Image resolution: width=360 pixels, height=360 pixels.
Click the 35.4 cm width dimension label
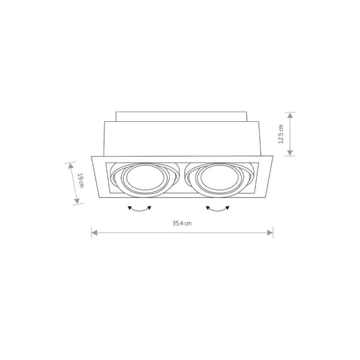182,223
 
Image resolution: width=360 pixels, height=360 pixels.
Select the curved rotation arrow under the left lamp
140,208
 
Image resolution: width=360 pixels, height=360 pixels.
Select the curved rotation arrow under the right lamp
218,208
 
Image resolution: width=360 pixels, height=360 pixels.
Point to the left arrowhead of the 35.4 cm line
93,233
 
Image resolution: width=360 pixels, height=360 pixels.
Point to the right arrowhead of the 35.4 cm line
272,233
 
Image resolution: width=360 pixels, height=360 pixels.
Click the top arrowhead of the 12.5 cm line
290,113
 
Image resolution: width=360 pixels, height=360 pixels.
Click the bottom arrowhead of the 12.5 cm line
290,154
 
